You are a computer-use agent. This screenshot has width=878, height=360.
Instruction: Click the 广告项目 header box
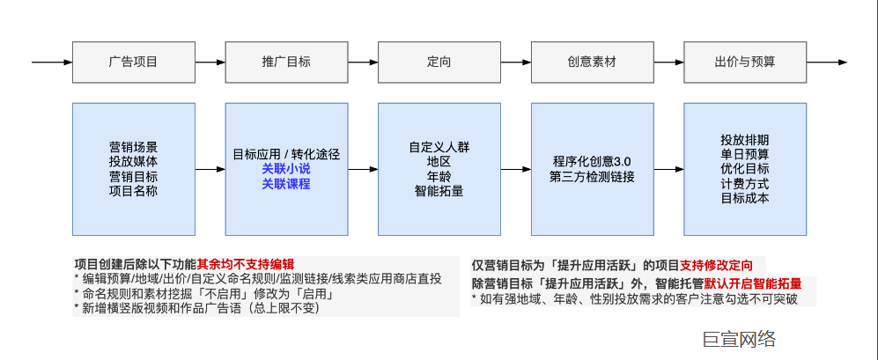coord(133,62)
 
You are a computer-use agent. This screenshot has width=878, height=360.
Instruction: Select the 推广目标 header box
coord(286,62)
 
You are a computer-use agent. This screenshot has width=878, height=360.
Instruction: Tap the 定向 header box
coord(439,62)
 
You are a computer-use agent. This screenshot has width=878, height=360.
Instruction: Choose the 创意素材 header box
coord(592,62)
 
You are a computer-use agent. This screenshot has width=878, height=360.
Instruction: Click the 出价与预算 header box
coord(745,62)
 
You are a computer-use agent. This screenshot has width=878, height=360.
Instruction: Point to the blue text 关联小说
coord(286,168)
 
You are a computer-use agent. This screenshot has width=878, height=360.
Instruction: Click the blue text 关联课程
coord(286,183)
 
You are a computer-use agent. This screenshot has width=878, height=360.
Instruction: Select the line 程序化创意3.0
coord(592,161)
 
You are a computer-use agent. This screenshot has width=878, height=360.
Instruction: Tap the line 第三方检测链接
coord(592,176)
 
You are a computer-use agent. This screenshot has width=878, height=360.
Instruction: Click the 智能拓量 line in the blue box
coord(439,191)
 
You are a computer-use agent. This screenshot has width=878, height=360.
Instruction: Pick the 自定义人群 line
coord(439,146)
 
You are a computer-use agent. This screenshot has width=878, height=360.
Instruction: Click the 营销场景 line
coord(133,146)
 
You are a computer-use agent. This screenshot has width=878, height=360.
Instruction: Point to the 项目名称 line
coord(133,191)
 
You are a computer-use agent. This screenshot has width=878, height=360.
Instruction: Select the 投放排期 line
coord(745,139)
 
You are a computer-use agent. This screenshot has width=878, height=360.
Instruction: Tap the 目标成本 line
coord(745,198)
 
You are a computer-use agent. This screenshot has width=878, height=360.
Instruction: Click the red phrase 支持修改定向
coord(722,265)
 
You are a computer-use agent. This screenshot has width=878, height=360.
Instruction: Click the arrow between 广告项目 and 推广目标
coord(209,62)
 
